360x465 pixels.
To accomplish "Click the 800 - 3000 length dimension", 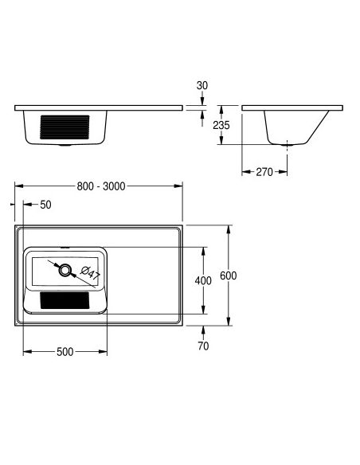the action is click(x=101, y=186).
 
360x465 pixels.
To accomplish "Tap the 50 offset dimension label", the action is click(x=45, y=205).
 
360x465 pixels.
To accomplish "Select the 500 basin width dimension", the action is click(x=65, y=352).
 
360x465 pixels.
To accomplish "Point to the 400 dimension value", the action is click(x=203, y=280).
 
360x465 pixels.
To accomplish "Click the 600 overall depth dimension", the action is click(x=228, y=275).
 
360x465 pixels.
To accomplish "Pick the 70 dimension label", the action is click(x=203, y=346).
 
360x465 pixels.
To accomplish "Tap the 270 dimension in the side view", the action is click(x=264, y=172).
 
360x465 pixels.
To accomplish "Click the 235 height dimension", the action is click(x=221, y=125).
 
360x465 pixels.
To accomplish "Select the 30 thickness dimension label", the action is click(x=202, y=85).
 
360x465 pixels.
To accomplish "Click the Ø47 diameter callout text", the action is click(x=91, y=273).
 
